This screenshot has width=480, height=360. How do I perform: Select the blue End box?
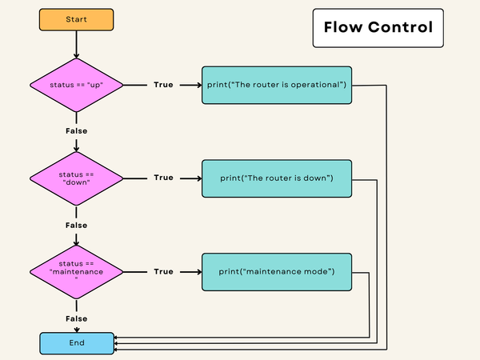[76, 343]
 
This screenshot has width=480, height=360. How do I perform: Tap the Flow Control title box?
[378, 28]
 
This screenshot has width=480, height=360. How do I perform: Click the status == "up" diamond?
[77, 85]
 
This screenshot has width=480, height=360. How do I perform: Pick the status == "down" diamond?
[77, 178]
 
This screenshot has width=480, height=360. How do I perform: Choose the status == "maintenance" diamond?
[77, 271]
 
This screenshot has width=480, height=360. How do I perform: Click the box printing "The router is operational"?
[276, 85]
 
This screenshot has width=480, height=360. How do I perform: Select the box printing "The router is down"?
[276, 178]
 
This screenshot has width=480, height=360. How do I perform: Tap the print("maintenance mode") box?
[276, 272]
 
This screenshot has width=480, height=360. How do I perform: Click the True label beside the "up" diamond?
[163, 85]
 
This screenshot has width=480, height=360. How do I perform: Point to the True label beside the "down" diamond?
[163, 178]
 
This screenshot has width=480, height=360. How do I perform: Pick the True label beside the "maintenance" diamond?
[163, 272]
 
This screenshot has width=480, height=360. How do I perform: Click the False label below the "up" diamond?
[76, 130]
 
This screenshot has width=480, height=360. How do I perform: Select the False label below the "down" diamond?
[76, 225]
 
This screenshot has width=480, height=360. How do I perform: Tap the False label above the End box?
[76, 318]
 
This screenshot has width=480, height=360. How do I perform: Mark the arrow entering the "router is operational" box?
[190, 85]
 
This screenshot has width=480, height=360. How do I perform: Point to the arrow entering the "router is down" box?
[190, 178]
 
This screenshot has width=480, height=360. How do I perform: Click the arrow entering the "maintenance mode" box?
[190, 272]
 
